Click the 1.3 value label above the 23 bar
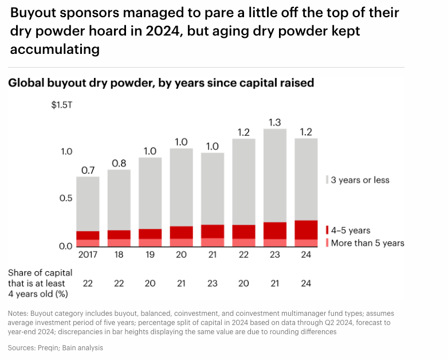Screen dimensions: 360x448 pyautogui.click(x=275, y=122)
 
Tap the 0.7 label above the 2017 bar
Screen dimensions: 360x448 pyautogui.click(x=88, y=170)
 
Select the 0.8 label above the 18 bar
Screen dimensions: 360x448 pyautogui.click(x=119, y=163)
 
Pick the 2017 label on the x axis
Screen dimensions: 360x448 pyautogui.click(x=88, y=255)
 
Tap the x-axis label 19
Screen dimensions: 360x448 pyautogui.click(x=150, y=255)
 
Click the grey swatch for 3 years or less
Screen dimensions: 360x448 pyautogui.click(x=327, y=180)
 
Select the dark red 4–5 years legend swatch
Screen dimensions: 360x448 pyautogui.click(x=327, y=230)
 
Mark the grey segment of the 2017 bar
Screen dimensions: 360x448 pyautogui.click(x=88, y=204)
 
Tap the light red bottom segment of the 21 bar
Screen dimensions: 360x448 pyautogui.click(x=213, y=242)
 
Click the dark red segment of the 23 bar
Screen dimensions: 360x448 pyautogui.click(x=275, y=230)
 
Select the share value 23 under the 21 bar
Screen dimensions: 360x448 pyautogui.click(x=213, y=283)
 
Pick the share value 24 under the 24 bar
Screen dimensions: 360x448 pyautogui.click(x=306, y=283)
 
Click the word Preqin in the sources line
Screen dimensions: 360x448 pyautogui.click(x=46, y=347)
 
